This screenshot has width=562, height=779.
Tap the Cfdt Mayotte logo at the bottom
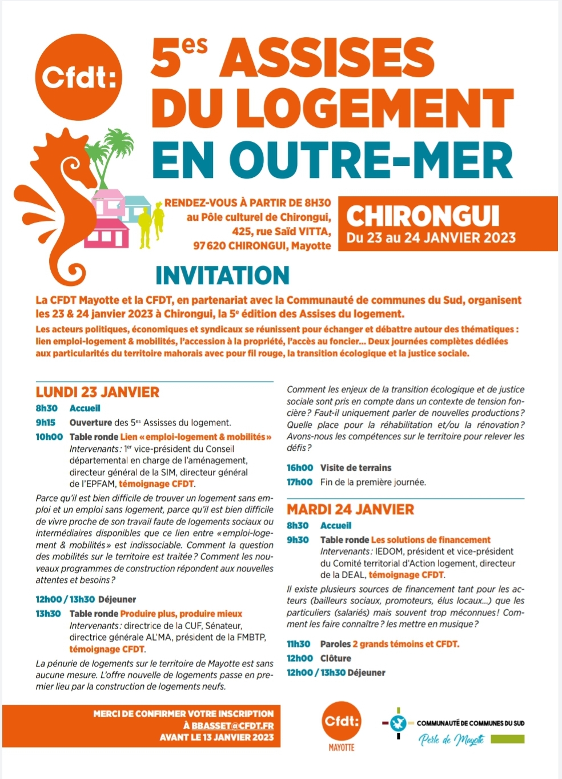tap(342, 722)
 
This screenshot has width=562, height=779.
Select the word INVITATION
tap(222, 276)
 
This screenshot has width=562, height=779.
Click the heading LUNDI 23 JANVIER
tap(98, 392)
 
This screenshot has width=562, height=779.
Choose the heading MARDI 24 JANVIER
tap(350, 509)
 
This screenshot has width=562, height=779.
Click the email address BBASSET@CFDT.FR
tap(232, 725)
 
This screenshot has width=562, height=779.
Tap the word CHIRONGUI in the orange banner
tap(423, 216)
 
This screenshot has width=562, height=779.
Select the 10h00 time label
tap(49, 437)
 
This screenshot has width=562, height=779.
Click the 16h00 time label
tap(299, 468)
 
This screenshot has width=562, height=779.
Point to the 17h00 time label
tap(299, 482)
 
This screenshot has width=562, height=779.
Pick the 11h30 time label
tap(299, 644)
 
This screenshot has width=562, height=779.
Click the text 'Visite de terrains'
tap(356, 468)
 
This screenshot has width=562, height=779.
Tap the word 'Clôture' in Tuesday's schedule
tap(336, 658)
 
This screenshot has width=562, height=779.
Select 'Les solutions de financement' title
tap(431, 540)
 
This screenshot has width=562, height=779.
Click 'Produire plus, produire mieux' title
tap(181, 614)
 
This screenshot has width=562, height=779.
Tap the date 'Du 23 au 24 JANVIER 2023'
tap(431, 238)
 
